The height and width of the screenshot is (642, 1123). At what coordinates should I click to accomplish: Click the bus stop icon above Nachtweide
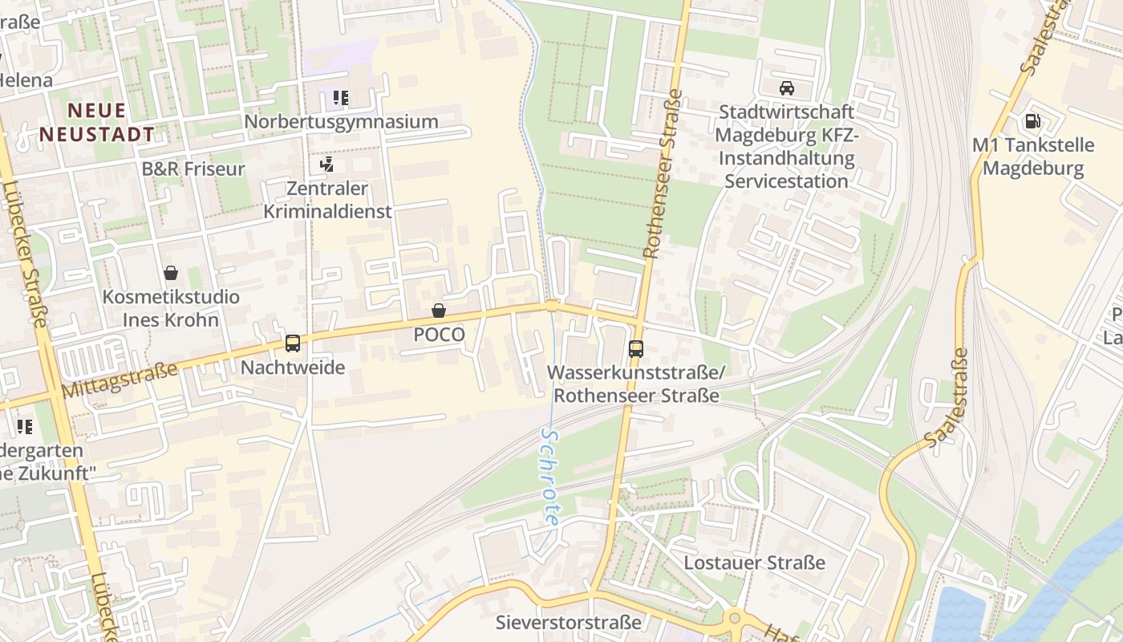[293, 343]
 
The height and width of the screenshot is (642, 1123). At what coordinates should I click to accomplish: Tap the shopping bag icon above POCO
[439, 311]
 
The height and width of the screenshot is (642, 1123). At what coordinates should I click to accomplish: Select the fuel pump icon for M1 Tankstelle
[1032, 121]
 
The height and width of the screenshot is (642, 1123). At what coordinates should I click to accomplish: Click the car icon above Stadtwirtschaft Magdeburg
[787, 88]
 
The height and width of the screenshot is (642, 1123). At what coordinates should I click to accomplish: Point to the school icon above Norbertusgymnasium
[341, 99]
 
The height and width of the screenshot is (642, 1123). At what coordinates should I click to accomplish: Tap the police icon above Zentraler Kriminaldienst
[326, 165]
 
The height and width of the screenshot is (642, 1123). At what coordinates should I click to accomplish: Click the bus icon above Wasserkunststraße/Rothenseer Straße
[636, 349]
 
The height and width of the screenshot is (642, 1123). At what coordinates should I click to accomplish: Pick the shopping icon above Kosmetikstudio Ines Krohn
[171, 274]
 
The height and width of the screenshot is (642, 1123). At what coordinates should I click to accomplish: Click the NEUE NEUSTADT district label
[97, 122]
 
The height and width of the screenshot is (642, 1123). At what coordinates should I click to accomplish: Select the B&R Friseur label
[193, 169]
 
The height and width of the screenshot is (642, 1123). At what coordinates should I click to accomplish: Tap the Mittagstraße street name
[120, 380]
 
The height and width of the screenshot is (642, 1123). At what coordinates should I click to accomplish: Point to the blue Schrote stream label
[549, 476]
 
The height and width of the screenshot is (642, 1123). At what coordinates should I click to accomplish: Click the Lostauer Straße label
[754, 563]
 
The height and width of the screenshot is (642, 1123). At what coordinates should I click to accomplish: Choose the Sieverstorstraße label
[569, 622]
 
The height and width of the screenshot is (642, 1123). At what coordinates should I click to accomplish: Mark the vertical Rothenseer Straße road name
[663, 173]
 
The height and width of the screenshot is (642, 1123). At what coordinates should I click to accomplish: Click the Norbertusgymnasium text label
[341, 122]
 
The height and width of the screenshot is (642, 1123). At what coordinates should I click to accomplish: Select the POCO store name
[439, 335]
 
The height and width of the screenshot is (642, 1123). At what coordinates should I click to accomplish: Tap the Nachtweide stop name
[293, 368]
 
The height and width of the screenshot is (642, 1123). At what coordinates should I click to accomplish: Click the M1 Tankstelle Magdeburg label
[1033, 156]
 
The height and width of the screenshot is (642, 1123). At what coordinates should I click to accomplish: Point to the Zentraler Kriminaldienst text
[327, 200]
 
